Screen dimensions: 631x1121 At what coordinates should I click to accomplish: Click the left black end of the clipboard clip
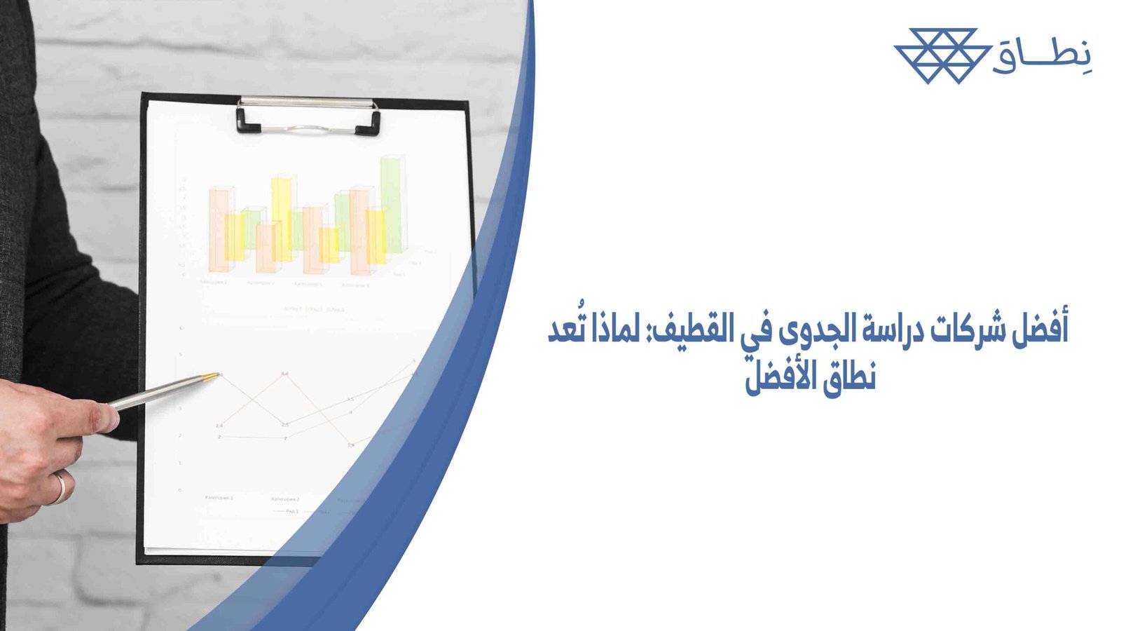248,124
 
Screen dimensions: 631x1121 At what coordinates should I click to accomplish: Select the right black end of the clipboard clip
369,127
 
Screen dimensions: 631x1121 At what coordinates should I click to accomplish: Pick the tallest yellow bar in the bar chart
282,217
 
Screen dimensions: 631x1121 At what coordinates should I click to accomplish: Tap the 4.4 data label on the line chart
284,374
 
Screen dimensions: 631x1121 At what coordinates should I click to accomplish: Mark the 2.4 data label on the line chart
219,426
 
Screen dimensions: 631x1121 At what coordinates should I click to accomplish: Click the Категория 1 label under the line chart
219,497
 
